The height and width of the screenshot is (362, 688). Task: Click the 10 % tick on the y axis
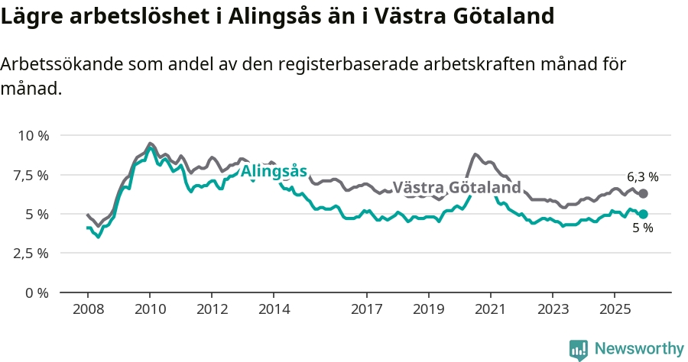coord(32,135)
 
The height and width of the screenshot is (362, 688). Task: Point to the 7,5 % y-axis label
coord(32,175)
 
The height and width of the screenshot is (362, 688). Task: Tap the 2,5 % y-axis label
coord(32,253)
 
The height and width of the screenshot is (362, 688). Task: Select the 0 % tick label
coord(37,293)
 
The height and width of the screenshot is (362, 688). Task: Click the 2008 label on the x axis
coord(88,309)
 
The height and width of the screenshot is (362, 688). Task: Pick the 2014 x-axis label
coord(274,309)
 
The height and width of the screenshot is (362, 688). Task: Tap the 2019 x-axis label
coord(429,309)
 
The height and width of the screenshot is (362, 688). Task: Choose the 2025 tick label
coord(615,309)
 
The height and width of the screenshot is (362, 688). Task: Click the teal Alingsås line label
coord(274,171)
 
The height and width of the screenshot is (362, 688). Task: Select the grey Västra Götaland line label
coord(456,187)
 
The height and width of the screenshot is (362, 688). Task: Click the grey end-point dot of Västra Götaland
coord(643,194)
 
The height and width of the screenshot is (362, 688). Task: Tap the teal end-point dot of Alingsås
coord(643,215)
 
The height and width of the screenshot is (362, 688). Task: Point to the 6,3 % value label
coord(643,176)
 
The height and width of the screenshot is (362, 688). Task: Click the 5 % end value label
coord(643,228)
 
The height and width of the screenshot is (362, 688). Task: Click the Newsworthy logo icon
coord(579,349)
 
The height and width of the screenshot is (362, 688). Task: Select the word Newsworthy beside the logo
coord(639,349)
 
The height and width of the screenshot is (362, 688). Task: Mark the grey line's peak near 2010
coord(150,143)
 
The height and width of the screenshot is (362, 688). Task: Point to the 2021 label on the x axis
coord(491,309)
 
